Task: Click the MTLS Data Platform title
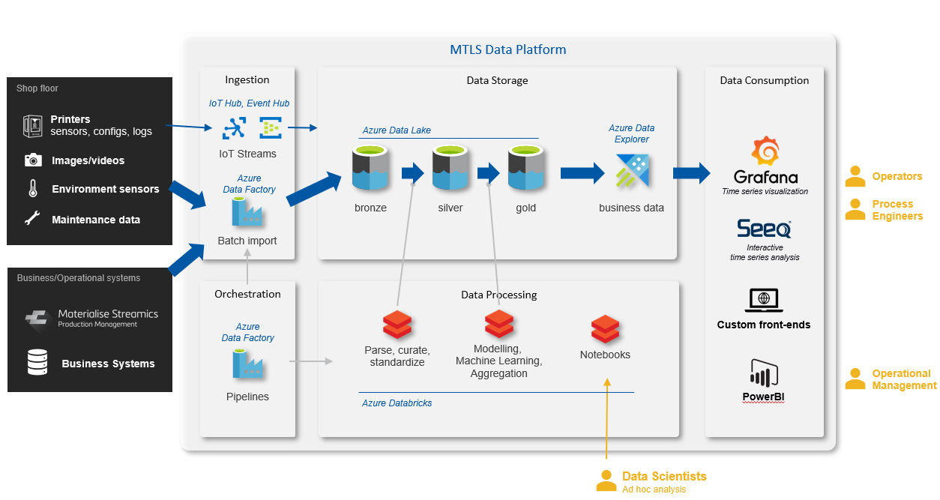click(x=507, y=50)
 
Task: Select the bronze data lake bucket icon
click(x=370, y=169)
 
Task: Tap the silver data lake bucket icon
click(x=450, y=169)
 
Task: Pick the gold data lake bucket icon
click(x=525, y=169)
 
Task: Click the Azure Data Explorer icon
click(x=631, y=171)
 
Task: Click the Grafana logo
click(x=765, y=152)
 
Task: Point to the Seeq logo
click(x=764, y=229)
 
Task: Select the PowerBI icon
click(x=764, y=373)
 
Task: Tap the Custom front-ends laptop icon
click(x=764, y=301)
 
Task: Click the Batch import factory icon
click(x=247, y=212)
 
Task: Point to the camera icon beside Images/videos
click(x=32, y=160)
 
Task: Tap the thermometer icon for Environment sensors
click(x=32, y=189)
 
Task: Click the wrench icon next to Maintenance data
click(x=32, y=220)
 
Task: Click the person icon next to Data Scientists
click(x=606, y=481)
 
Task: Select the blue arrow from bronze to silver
click(x=412, y=173)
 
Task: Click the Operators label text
click(x=897, y=177)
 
